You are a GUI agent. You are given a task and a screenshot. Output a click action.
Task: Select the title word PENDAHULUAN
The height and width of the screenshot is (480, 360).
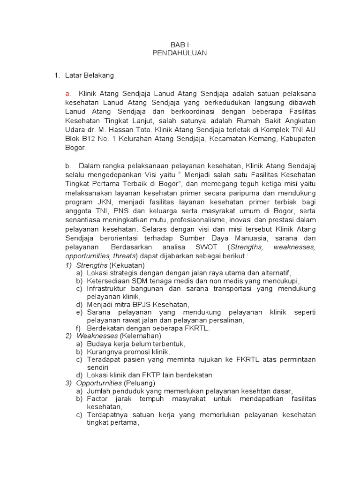point(180,53)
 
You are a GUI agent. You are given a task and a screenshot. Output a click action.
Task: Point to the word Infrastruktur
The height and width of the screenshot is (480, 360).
point(109,288)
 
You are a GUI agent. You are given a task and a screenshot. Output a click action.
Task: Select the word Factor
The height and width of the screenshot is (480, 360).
point(97,398)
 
